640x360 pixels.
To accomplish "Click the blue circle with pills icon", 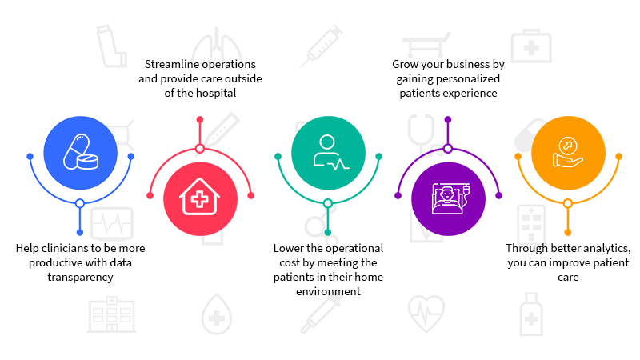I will point(80,151).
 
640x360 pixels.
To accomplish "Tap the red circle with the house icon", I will point(200,198).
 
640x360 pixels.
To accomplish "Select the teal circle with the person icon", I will point(328,151).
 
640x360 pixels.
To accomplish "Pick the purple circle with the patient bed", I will point(448,198).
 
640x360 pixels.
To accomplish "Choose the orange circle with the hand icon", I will point(568,151).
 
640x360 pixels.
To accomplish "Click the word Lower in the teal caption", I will point(288,248).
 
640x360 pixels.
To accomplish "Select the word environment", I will point(328,291).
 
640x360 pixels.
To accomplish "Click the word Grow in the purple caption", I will point(404,63).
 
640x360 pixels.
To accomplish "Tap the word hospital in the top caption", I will point(217,92).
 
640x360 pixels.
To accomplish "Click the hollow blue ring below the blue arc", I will point(80,203).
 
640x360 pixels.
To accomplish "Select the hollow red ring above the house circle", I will point(200,147).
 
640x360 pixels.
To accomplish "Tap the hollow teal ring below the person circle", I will point(328,203).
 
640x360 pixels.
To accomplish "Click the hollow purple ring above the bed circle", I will point(448,147).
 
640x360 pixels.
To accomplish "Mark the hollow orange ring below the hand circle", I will point(568,203).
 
